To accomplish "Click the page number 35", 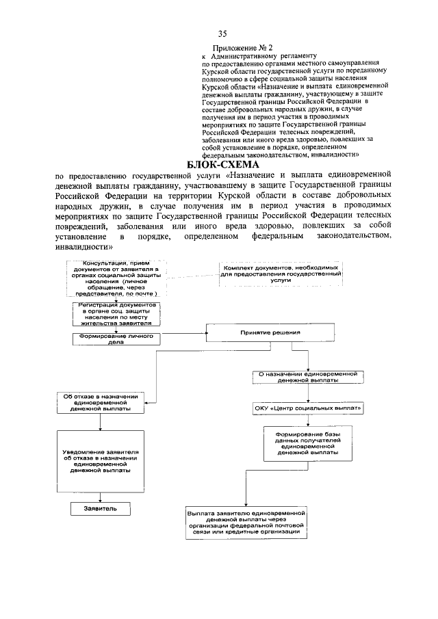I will tap(222, 34).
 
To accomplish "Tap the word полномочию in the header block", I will tap(223, 79).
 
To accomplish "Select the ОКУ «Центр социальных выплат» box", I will tap(304, 409).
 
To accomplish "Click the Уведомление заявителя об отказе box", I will tap(101, 462).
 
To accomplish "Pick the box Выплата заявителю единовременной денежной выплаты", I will tap(249, 523).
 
